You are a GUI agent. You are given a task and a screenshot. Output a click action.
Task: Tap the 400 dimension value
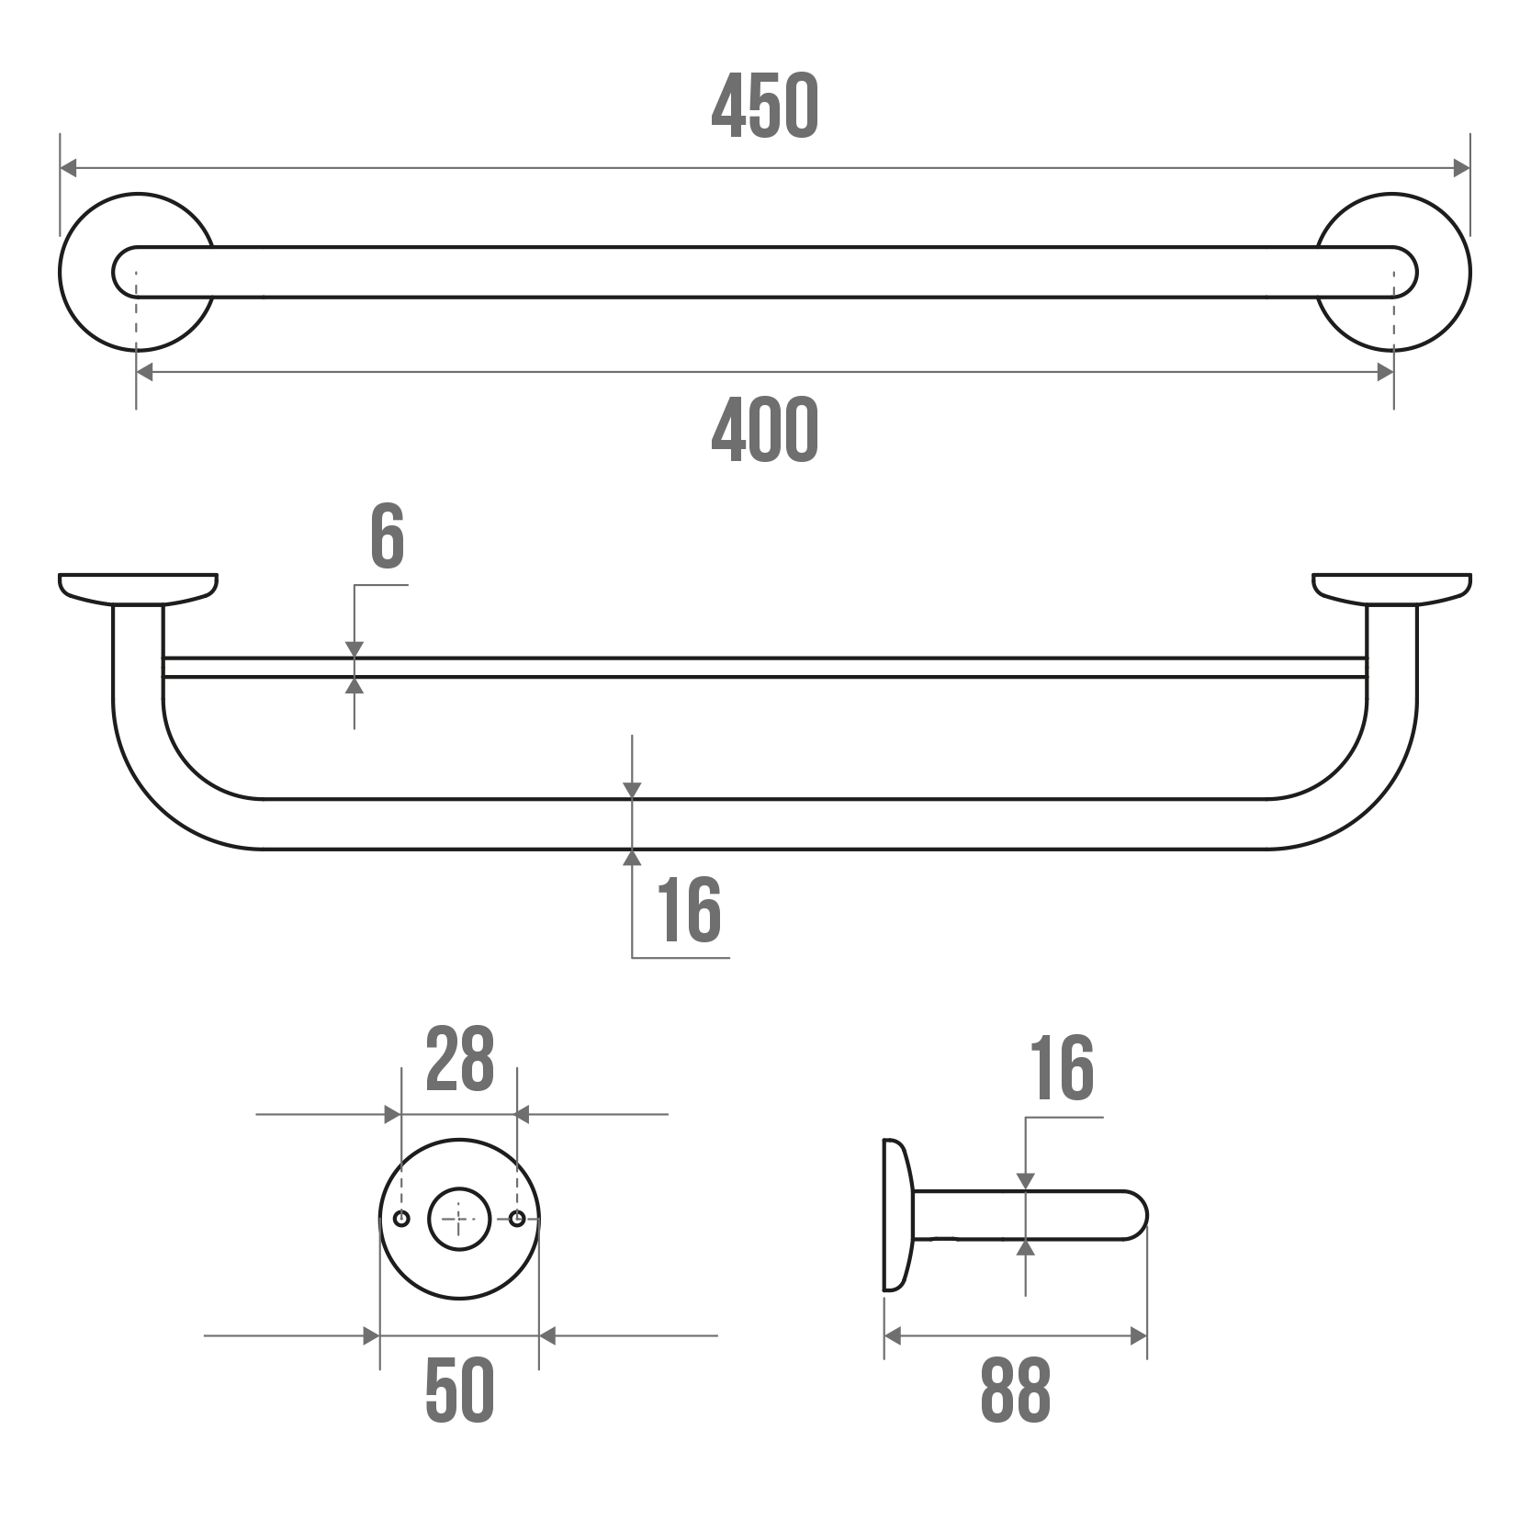[x=764, y=430]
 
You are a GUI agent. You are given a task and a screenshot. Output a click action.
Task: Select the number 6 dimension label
[x=387, y=536]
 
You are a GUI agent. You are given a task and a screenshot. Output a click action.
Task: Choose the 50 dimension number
[x=459, y=1390]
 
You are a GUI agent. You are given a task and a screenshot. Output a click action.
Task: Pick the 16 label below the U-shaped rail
[x=689, y=909]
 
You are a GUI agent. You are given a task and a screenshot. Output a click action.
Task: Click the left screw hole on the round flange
[x=401, y=1219]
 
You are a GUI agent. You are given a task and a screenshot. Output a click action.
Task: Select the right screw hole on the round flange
[x=517, y=1219]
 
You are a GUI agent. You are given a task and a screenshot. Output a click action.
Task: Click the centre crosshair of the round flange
[x=459, y=1219]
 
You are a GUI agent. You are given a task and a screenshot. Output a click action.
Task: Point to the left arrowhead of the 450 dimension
[x=69, y=168]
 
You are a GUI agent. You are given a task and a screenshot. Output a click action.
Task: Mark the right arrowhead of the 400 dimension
[x=1385, y=372]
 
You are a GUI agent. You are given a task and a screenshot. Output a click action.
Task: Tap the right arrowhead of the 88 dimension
[x=1139, y=1336]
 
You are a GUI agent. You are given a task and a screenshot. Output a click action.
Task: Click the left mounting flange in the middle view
[x=138, y=589]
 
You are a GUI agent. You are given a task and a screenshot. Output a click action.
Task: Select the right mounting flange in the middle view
[x=1391, y=589]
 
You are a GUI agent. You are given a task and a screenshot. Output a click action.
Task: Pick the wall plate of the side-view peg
[x=897, y=1215]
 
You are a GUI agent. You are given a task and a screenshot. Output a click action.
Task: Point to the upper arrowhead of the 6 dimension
[x=355, y=649]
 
